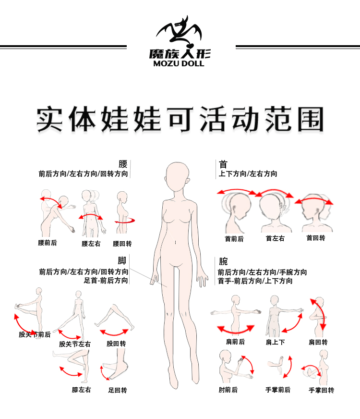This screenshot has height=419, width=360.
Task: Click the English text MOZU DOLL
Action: [x=179, y=63]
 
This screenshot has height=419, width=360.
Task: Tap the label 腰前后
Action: [x=47, y=243]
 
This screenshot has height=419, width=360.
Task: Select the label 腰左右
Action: [x=91, y=244]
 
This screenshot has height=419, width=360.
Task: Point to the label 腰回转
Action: [x=122, y=244]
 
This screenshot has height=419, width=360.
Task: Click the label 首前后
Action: [x=234, y=239]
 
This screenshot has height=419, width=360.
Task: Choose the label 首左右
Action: [x=275, y=238]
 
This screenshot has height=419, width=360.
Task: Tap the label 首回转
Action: [x=316, y=238]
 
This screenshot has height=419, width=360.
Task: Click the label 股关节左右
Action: [x=75, y=344]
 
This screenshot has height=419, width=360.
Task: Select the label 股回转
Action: [x=116, y=344]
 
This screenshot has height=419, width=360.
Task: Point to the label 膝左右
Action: [x=81, y=390]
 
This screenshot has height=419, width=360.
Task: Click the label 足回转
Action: [x=118, y=390]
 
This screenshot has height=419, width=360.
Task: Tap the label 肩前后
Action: [x=235, y=342]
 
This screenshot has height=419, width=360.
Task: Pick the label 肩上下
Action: [x=275, y=342]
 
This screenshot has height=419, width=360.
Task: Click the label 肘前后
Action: [x=228, y=390]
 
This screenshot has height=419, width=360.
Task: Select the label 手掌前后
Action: [x=278, y=390]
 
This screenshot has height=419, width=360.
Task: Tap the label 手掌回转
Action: [x=321, y=390]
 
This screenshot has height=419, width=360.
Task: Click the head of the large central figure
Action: [x=177, y=177]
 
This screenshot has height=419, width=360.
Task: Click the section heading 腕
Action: [x=223, y=261]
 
